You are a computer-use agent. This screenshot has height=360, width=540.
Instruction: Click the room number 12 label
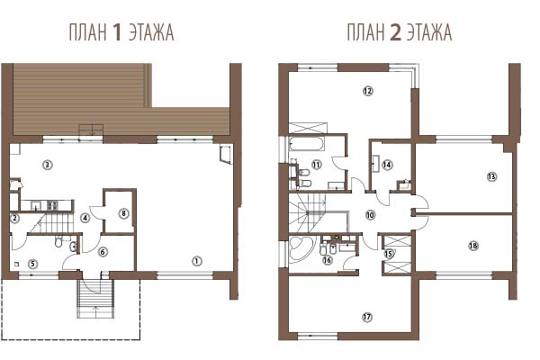[368, 91]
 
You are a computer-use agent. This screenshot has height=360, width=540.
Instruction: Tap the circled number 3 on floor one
[47, 165]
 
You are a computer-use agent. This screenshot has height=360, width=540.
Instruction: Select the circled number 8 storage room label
[123, 213]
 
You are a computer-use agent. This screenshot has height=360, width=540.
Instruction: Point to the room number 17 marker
[367, 317]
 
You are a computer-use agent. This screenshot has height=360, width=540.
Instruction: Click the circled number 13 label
[491, 176]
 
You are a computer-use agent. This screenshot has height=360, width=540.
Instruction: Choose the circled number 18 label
[473, 246]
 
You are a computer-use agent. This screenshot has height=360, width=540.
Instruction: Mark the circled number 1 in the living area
[196, 261]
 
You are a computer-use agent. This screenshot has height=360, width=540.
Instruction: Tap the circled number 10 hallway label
[370, 215]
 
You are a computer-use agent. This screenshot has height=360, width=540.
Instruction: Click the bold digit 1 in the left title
[117, 32]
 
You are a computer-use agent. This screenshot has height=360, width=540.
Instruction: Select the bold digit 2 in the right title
[396, 32]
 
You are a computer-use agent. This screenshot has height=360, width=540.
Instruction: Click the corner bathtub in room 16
[301, 248]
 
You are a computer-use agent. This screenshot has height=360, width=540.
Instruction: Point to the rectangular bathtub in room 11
[307, 144]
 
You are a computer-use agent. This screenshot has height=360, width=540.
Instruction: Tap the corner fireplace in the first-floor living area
[226, 153]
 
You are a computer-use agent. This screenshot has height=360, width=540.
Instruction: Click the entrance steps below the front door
[95, 298]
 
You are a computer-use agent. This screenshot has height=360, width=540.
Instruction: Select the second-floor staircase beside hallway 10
[307, 212]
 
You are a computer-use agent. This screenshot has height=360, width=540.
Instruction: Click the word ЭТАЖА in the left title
[151, 32]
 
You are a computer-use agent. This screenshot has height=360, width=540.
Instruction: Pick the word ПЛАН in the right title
[365, 32]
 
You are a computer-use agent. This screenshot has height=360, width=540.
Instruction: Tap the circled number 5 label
[32, 264]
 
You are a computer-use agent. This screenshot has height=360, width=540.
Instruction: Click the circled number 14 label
[387, 165]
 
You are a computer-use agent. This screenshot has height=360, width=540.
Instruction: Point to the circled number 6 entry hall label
[103, 252]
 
